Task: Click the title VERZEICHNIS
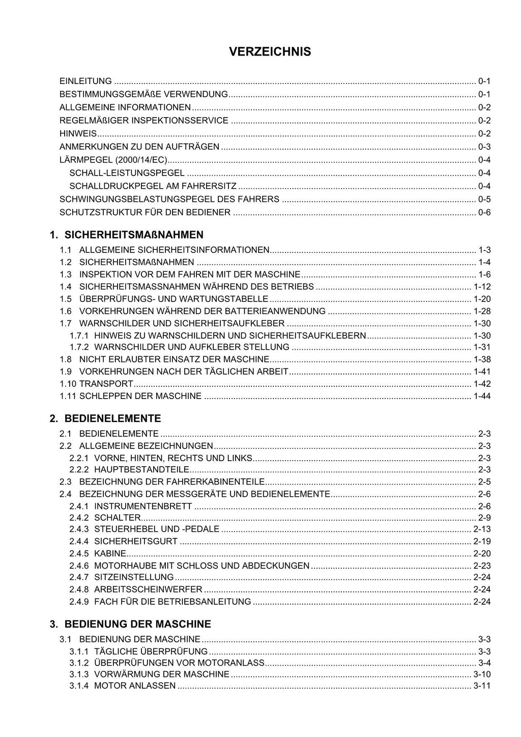[x=270, y=52]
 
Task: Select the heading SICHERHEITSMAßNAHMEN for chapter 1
[x=134, y=235]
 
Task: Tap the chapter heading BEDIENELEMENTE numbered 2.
[x=112, y=418]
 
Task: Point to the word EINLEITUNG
[x=85, y=81]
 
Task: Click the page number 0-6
[x=484, y=212]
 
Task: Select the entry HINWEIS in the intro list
[x=78, y=134]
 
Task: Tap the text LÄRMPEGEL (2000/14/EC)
[x=113, y=160]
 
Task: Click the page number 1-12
[x=482, y=287]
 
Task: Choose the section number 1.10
[x=68, y=384]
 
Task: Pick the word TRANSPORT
[x=106, y=384]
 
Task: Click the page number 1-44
[x=482, y=396]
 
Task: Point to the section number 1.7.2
[x=79, y=347]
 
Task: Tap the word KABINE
[x=110, y=554]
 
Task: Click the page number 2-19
[x=482, y=542]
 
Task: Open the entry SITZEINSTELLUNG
[x=134, y=577]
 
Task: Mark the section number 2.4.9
[x=79, y=602]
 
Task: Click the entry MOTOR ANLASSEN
[x=135, y=686]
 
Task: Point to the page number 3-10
[x=482, y=674]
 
